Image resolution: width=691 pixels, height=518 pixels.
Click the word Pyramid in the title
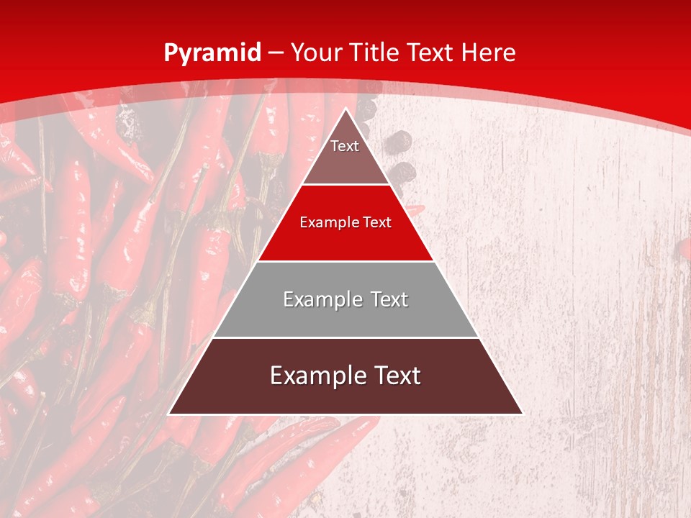pos(212,53)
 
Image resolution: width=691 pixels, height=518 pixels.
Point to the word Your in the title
pos(317,53)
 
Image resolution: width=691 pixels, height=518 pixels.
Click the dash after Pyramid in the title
pos(276,53)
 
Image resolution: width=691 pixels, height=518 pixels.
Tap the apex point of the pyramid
pos(346,109)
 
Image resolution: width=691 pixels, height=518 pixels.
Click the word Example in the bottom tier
pos(317,376)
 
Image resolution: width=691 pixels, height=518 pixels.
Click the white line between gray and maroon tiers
pos(345,337)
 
